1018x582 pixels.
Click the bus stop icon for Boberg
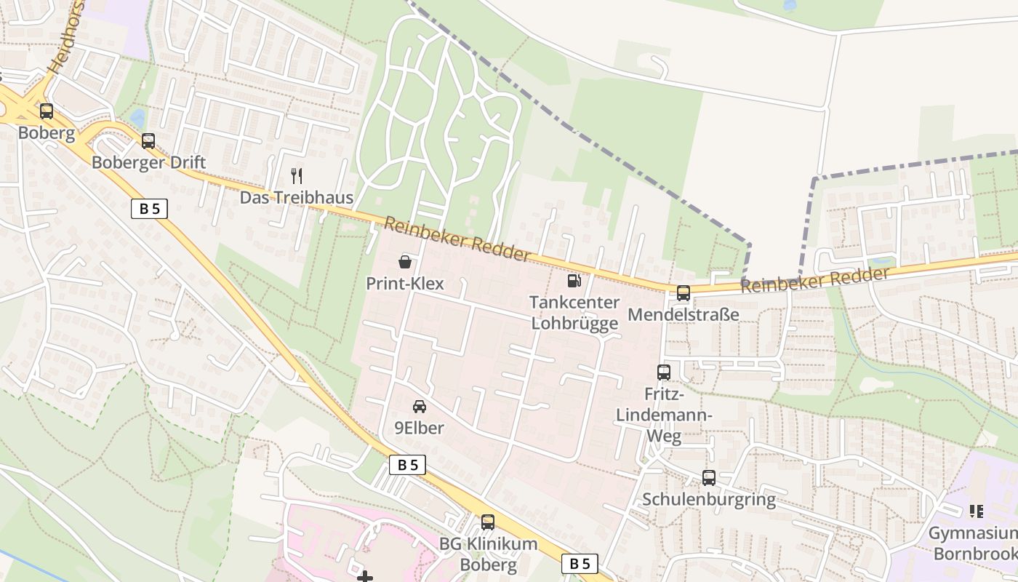[x=47, y=111]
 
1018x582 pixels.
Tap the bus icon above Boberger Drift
[x=148, y=141]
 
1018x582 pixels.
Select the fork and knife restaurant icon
[x=296, y=175]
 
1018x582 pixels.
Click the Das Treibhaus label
[x=297, y=198]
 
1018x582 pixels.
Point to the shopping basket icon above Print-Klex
[x=405, y=262]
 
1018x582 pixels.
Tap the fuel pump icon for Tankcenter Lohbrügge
[x=574, y=280]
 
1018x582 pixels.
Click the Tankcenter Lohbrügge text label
[x=574, y=313]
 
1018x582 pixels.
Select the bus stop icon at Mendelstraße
[x=684, y=293]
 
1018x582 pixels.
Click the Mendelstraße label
[x=684, y=315]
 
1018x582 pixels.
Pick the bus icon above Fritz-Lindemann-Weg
[x=664, y=372]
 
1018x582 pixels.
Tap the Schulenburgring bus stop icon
[x=709, y=478]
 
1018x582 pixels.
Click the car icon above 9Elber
[x=420, y=407]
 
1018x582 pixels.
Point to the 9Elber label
[x=420, y=428]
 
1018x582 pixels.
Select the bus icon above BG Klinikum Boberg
[x=488, y=522]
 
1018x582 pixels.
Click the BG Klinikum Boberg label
[x=488, y=554]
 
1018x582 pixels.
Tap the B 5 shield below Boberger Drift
[x=150, y=209]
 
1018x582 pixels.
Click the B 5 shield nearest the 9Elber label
[x=407, y=465]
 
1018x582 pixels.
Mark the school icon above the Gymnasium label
[x=976, y=511]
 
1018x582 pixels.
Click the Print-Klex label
[x=405, y=284]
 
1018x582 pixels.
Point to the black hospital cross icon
[x=365, y=577]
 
